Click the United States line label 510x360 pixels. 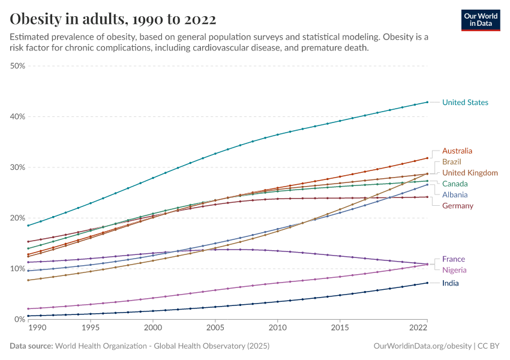[x=465, y=103]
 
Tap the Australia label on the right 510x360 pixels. [x=457, y=151]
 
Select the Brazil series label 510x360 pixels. [x=452, y=162]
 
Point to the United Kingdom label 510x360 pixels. [x=470, y=173]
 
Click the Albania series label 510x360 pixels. [x=455, y=195]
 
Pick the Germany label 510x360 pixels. [x=458, y=206]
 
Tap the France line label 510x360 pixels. [x=454, y=259]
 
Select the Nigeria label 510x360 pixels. [x=454, y=271]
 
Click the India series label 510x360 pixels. [x=452, y=283]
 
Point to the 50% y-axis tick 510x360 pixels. [x=17, y=66]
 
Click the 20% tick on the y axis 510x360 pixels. [x=17, y=218]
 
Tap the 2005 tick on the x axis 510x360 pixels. [x=215, y=328]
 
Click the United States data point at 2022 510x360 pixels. [x=427, y=102]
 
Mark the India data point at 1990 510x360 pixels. [x=28, y=316]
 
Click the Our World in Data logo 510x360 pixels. [x=481, y=19]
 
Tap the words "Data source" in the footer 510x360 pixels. [x=31, y=346]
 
